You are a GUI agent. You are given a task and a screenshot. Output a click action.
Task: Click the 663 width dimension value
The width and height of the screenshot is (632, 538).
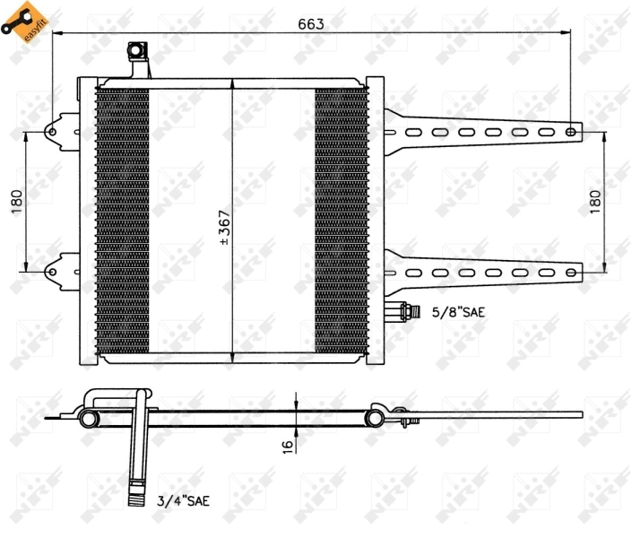(311, 22)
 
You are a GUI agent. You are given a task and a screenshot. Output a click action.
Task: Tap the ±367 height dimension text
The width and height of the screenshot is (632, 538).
(224, 229)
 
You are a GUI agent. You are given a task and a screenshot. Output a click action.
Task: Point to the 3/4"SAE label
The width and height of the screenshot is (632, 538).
(183, 500)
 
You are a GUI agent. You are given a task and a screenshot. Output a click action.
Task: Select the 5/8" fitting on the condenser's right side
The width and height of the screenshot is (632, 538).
(403, 312)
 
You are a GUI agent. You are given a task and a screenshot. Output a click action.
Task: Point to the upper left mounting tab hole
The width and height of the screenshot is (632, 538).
(52, 133)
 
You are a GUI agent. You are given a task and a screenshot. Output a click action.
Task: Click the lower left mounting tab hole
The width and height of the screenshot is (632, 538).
(52, 266)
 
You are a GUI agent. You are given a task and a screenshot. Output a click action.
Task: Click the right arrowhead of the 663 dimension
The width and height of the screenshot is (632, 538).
(567, 33)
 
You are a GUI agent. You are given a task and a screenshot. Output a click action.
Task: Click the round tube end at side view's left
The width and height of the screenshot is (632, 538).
(89, 418)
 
